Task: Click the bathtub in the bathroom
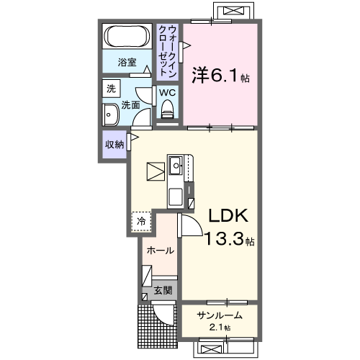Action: coord(127,36)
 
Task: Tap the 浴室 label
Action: coord(127,63)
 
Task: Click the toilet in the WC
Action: coord(168,109)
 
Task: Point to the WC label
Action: coord(167,93)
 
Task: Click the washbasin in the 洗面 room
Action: coord(111,115)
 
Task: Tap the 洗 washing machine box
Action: coord(111,89)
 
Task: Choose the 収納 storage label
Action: coord(114,144)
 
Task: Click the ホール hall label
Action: coord(158,251)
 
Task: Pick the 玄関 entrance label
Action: coord(162,291)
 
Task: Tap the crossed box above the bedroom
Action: coord(233,12)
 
